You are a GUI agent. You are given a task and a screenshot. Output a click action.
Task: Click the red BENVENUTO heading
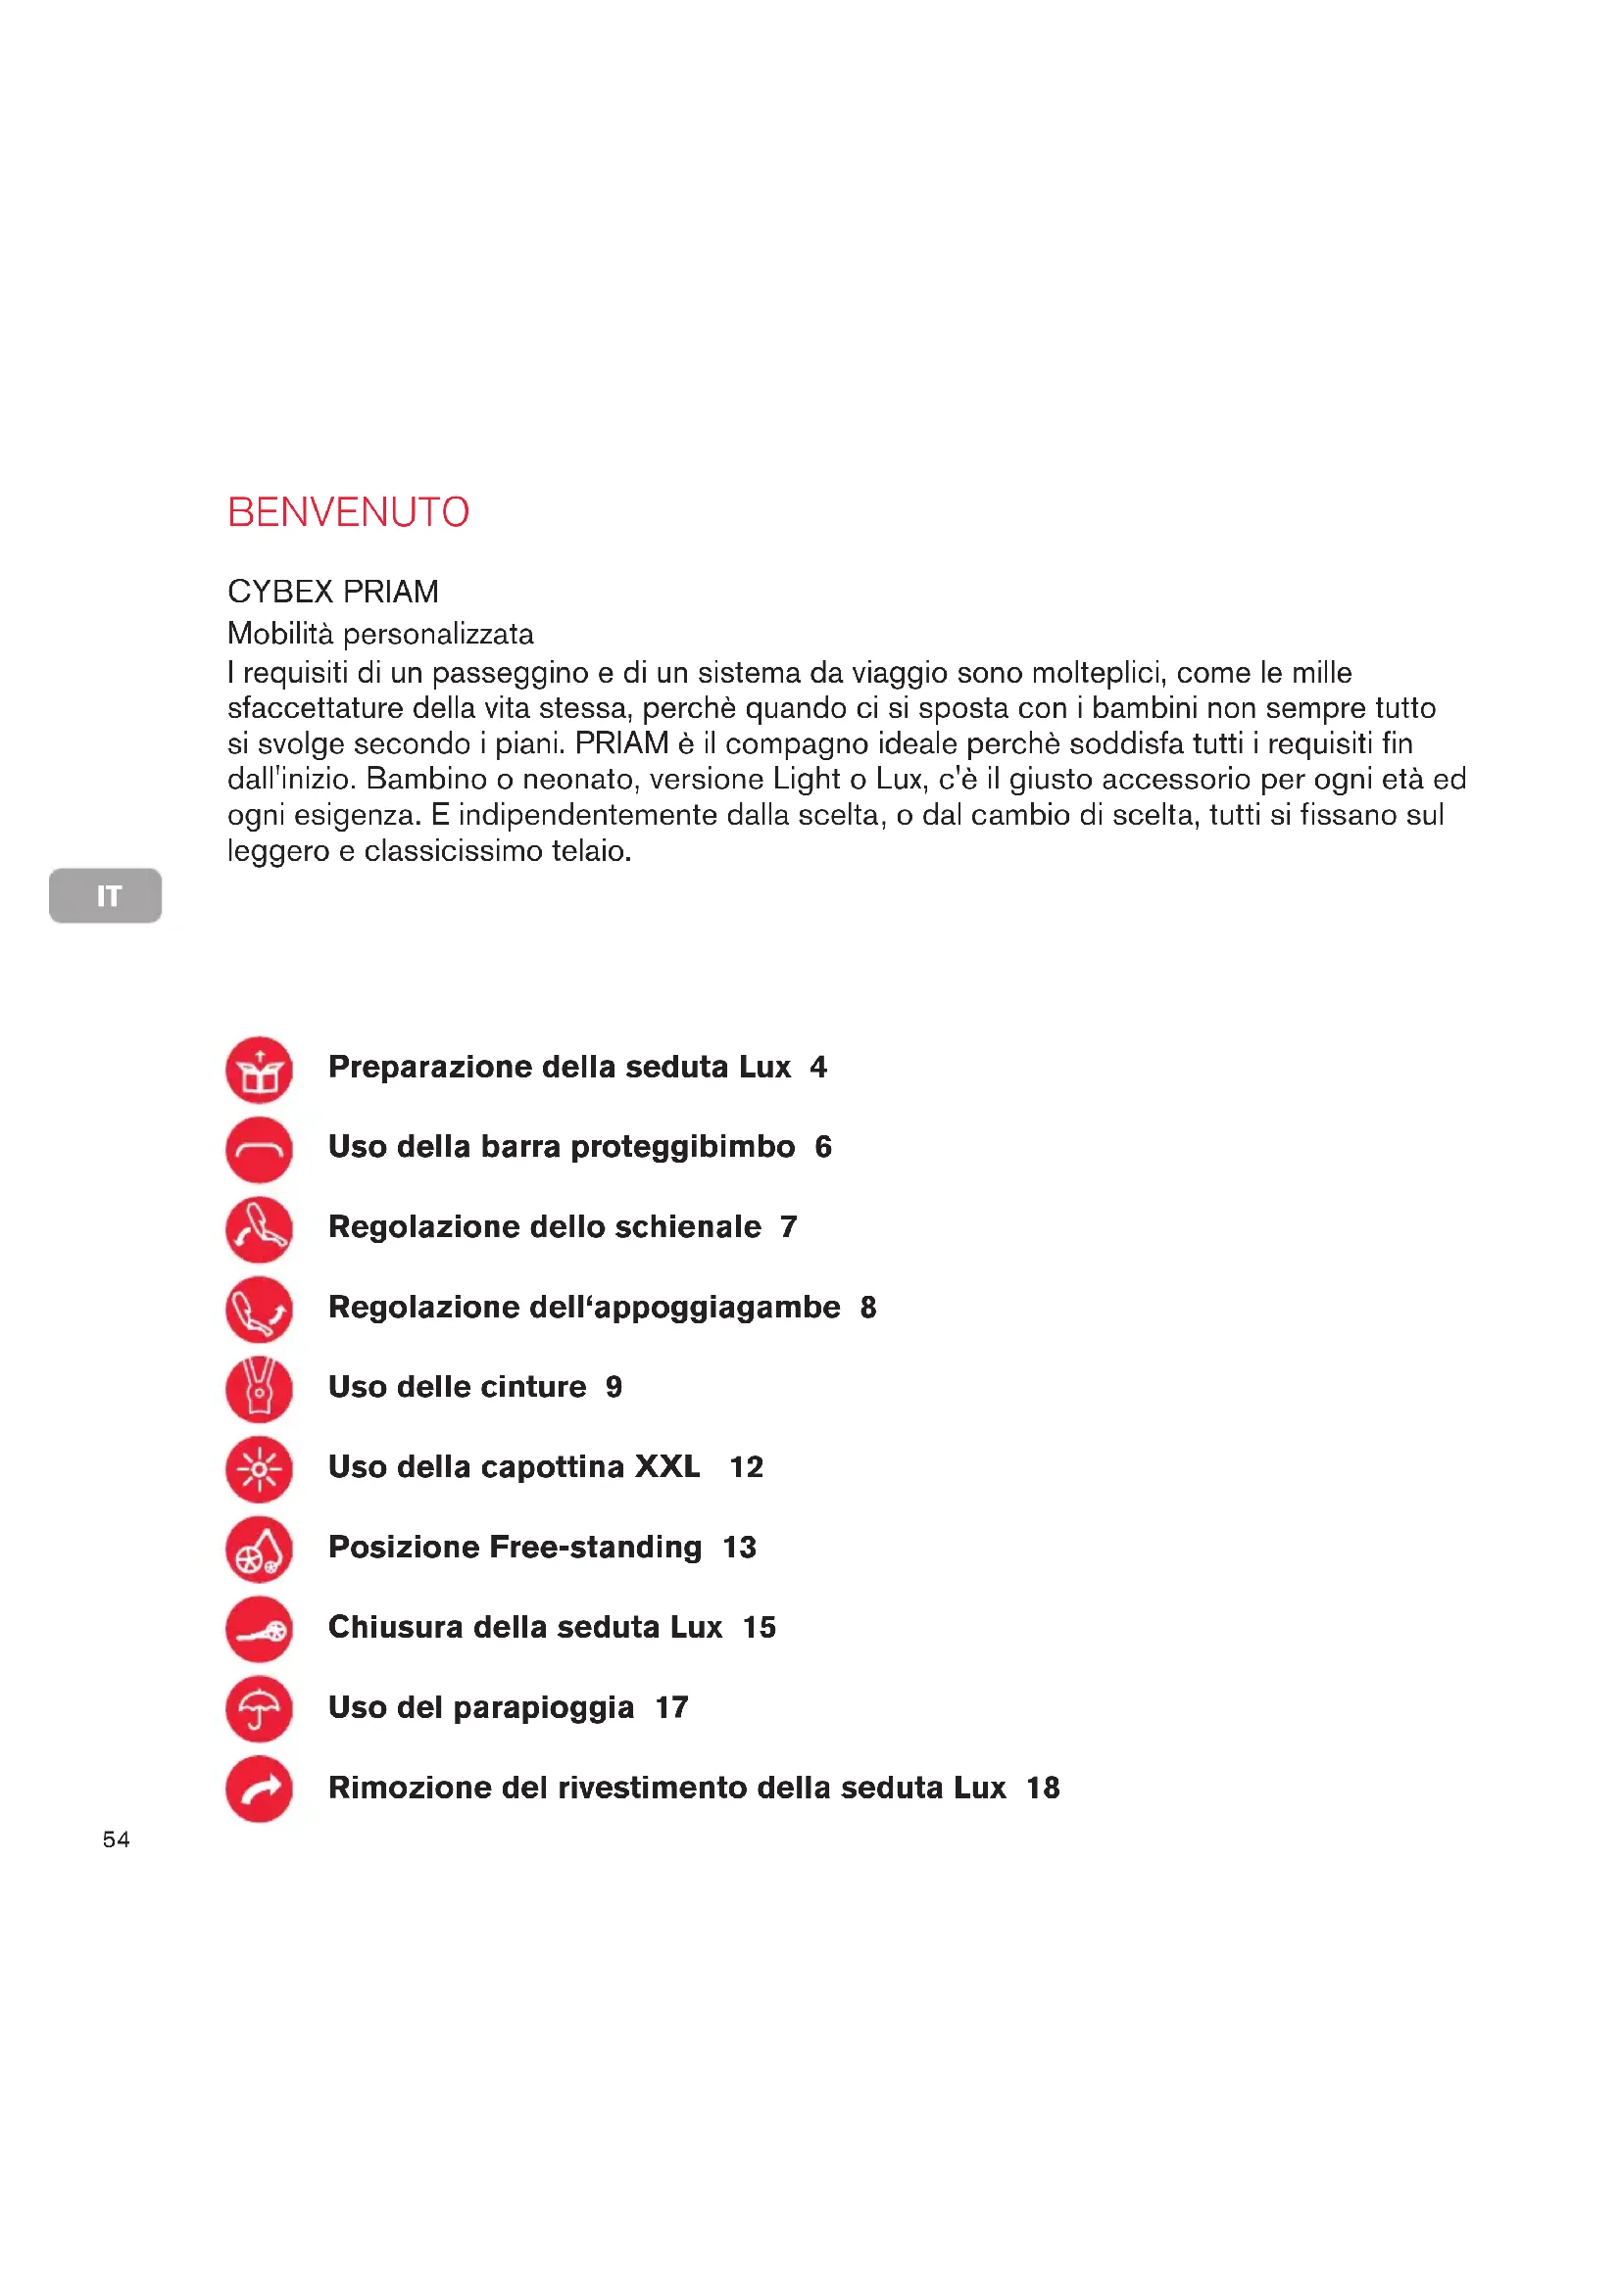(x=347, y=512)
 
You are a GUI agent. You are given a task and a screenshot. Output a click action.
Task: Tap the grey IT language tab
(x=105, y=895)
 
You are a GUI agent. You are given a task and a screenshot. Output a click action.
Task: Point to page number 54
(x=116, y=1839)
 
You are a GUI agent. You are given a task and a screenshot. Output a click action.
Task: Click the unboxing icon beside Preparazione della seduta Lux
(x=260, y=1070)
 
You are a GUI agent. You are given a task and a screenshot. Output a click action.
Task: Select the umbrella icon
(x=260, y=1708)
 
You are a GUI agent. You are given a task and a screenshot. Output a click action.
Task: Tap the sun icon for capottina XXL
(x=260, y=1469)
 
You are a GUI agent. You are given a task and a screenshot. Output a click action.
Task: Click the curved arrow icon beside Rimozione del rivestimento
(x=260, y=1790)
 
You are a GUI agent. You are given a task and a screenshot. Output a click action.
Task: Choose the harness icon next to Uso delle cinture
(x=260, y=1389)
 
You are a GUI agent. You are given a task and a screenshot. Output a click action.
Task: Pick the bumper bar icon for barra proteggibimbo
(x=260, y=1150)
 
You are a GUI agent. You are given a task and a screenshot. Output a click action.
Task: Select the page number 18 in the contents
(x=1043, y=1788)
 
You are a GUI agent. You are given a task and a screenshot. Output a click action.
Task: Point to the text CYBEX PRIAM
(x=332, y=592)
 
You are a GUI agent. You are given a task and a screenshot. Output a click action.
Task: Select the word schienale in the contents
(x=688, y=1226)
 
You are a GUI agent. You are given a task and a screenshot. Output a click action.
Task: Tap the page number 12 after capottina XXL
(x=746, y=1467)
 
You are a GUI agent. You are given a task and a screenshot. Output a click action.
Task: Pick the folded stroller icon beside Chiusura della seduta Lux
(x=260, y=1629)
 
